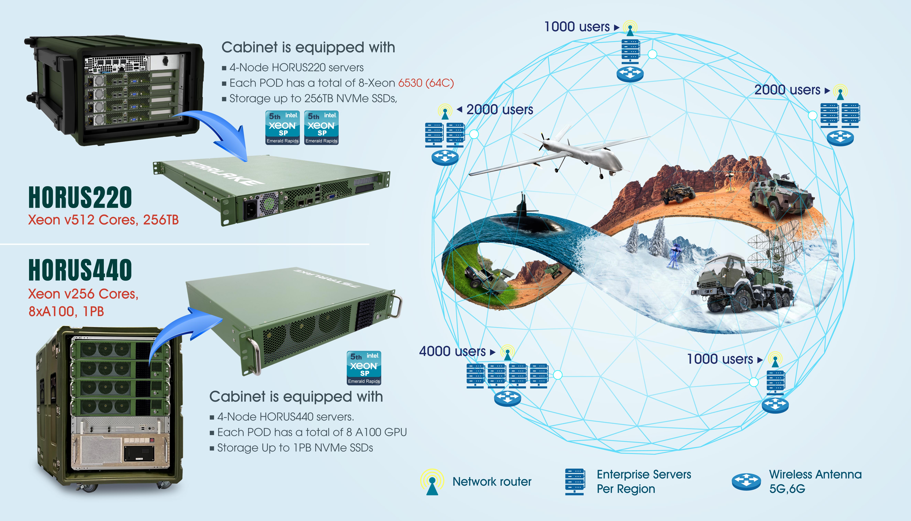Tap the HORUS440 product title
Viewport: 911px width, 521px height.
point(80,270)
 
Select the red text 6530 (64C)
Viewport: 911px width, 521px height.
point(426,83)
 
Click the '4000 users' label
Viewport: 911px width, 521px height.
point(452,351)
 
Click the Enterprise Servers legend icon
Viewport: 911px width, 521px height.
point(574,482)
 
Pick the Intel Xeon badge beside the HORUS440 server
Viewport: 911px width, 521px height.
point(364,368)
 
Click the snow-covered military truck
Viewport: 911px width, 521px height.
point(740,286)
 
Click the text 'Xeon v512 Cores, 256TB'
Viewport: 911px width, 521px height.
point(103,220)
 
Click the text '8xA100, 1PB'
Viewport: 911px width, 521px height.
point(66,311)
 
